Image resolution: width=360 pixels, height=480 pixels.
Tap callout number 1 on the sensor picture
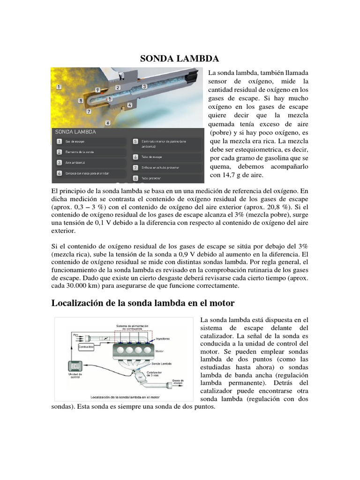click(59, 87)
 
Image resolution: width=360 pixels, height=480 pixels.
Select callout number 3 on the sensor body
click(144, 86)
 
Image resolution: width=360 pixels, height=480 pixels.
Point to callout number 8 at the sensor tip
click(81, 100)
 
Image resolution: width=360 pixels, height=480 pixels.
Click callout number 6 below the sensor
click(108, 123)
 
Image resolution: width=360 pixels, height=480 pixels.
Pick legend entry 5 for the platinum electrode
click(135, 141)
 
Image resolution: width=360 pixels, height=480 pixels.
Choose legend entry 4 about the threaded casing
click(59, 173)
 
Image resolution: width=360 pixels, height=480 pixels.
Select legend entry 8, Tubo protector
click(135, 178)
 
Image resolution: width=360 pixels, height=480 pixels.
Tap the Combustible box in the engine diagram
click(86, 347)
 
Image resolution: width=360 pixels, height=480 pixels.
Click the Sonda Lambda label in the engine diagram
click(161, 363)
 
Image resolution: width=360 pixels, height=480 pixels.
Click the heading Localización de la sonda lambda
click(142, 303)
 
